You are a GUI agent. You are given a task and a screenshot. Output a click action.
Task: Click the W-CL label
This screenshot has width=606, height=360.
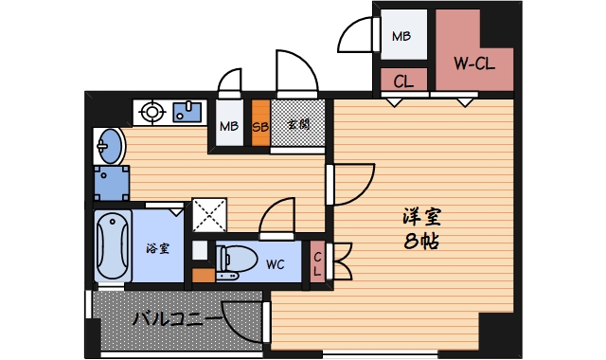click(475, 64)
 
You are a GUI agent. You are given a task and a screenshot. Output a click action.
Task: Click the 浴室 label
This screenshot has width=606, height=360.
click(157, 249)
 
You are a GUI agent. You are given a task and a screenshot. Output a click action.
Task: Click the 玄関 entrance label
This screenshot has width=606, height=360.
click(298, 124)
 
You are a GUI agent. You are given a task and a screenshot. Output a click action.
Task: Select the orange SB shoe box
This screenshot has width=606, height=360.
click(260, 124)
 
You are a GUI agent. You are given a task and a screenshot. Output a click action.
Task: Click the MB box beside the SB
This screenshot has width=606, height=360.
click(229, 125)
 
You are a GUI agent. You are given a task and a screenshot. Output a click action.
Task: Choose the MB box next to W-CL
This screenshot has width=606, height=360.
click(402, 38)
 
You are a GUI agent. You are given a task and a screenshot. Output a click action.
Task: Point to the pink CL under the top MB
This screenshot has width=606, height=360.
click(402, 81)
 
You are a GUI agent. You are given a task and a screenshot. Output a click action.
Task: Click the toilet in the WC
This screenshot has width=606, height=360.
click(235, 261)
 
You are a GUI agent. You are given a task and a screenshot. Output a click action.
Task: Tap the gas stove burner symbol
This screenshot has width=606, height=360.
click(151, 114)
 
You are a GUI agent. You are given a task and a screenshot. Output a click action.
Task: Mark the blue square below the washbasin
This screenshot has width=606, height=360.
click(112, 183)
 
